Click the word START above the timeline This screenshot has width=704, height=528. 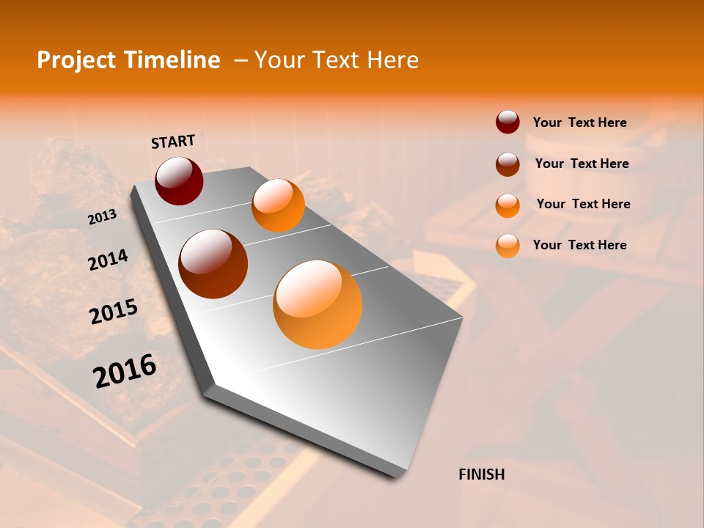pos(173,142)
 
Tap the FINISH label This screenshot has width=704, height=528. pos(482,474)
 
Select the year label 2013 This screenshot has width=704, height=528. pos(102,217)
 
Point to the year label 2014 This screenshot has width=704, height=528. pos(108,260)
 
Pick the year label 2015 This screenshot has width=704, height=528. pos(114,312)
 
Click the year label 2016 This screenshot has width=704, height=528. pos(125,371)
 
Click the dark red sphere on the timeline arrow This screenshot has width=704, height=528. pos(179,181)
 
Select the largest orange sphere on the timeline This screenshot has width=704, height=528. pos(318,304)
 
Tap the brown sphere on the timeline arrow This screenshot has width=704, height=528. pos(213,264)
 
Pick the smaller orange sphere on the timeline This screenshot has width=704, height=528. pos(278,205)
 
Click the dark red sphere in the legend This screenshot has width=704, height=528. pos(507,122)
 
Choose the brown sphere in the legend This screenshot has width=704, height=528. pos(507,164)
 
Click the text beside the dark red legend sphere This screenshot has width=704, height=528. pos(579,123)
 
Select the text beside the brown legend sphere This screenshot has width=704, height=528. pos(582,164)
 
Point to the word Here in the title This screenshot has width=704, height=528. pos(392,60)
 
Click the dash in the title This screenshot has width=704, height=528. pos(241,60)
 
